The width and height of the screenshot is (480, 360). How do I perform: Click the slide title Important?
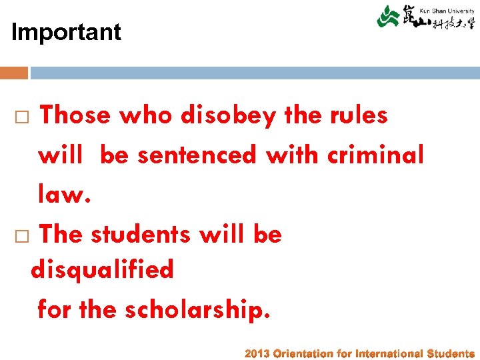[66, 32]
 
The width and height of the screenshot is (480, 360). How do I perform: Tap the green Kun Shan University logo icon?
[388, 16]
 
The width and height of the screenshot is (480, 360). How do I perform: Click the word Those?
[75, 115]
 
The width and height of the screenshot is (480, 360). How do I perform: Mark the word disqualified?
[102, 270]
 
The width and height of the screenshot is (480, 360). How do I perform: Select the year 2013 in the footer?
[257, 353]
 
